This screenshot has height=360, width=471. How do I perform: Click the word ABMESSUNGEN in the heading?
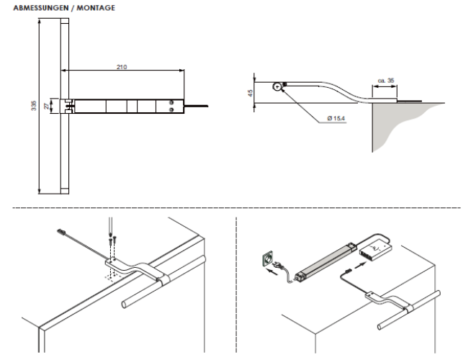click(x=41, y=8)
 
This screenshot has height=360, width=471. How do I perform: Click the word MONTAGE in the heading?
click(x=96, y=8)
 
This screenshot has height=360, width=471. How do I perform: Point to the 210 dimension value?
click(x=122, y=67)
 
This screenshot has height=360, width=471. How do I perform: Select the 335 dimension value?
click(x=34, y=105)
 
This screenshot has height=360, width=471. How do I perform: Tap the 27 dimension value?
click(x=46, y=106)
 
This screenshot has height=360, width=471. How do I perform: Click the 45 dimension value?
click(x=250, y=93)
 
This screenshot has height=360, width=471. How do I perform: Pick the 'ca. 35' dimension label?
click(x=386, y=81)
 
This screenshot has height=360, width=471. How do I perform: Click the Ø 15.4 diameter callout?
click(x=336, y=118)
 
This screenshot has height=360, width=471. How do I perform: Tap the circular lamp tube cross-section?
click(x=277, y=87)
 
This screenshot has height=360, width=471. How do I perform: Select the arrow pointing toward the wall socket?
click(x=272, y=273)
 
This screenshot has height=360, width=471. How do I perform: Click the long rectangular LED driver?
click(x=326, y=260)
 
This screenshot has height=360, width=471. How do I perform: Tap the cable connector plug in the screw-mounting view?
click(x=62, y=232)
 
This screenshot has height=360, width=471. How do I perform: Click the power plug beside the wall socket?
click(x=278, y=264)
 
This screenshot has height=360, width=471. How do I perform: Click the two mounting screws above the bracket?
click(x=112, y=240)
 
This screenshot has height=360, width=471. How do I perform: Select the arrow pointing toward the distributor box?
click(x=361, y=265)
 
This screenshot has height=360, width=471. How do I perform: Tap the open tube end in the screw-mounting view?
click(x=123, y=304)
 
